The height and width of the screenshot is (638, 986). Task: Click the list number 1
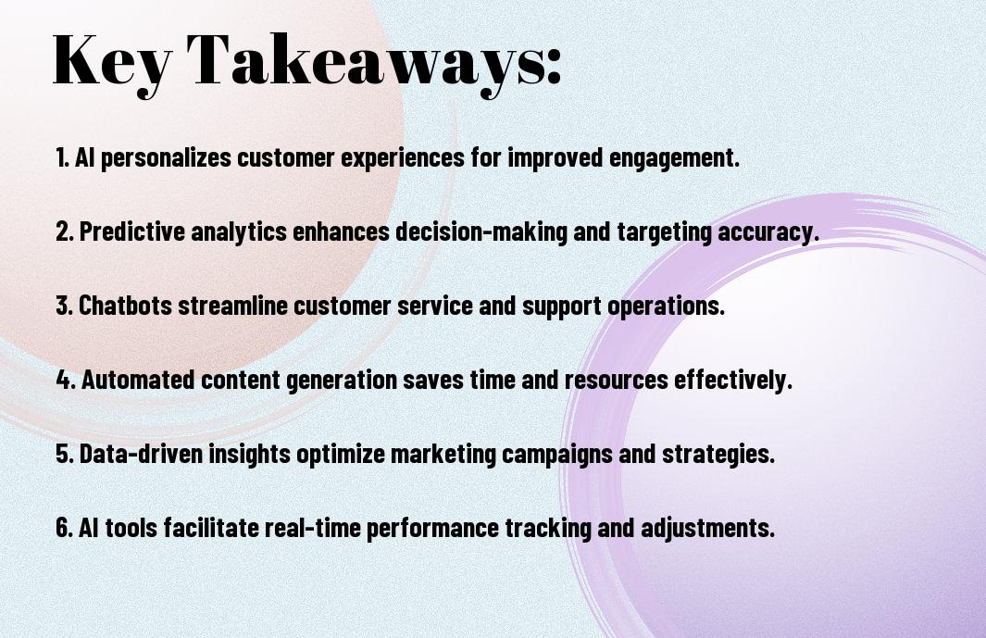(x=61, y=157)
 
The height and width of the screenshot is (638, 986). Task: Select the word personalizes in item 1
(x=166, y=158)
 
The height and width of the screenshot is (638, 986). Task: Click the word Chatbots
(x=125, y=306)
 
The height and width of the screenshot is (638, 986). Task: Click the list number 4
(x=64, y=380)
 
